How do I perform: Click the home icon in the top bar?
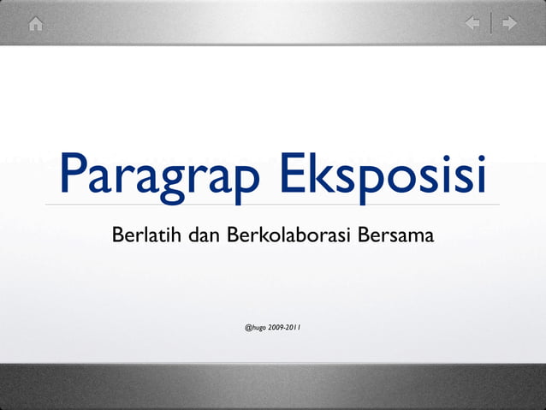[x=35, y=24]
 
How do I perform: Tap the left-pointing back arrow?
[x=472, y=23]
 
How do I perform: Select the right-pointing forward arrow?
[x=510, y=23]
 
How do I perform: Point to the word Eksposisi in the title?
[x=382, y=175]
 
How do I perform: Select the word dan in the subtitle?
[x=204, y=234]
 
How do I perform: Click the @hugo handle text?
[x=255, y=327]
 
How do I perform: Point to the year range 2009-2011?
[x=284, y=327]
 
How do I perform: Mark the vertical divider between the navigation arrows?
[x=491, y=23]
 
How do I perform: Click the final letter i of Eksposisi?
[x=480, y=174]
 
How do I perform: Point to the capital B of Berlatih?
[x=118, y=234]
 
